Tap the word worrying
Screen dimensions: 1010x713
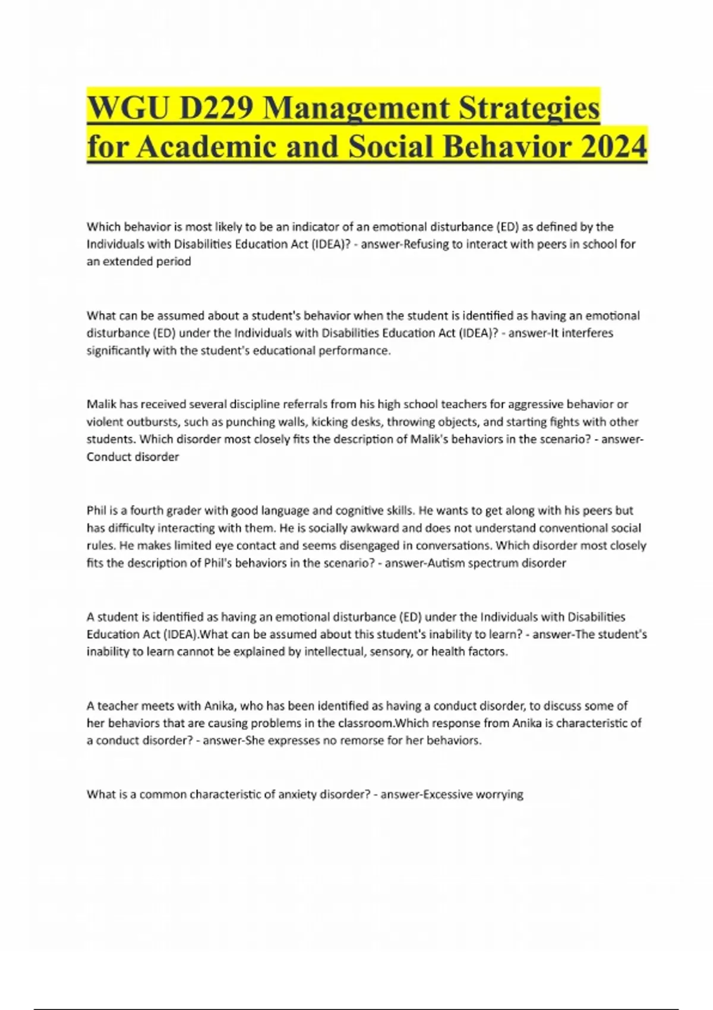[x=500, y=794]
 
